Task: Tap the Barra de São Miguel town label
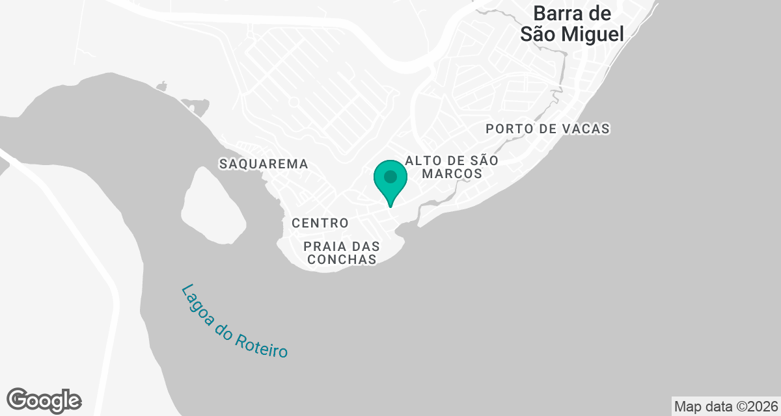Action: click(x=572, y=23)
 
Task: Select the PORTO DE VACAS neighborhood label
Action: click(x=547, y=129)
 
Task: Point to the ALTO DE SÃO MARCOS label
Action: click(x=452, y=167)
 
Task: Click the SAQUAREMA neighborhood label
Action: click(x=264, y=164)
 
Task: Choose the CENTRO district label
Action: click(x=320, y=223)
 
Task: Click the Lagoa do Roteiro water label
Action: click(x=234, y=321)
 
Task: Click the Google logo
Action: click(x=44, y=400)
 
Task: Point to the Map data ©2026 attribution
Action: click(x=726, y=406)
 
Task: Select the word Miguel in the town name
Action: click(x=594, y=34)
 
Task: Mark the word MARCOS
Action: click(x=452, y=174)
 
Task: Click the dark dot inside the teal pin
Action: click(x=390, y=176)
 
